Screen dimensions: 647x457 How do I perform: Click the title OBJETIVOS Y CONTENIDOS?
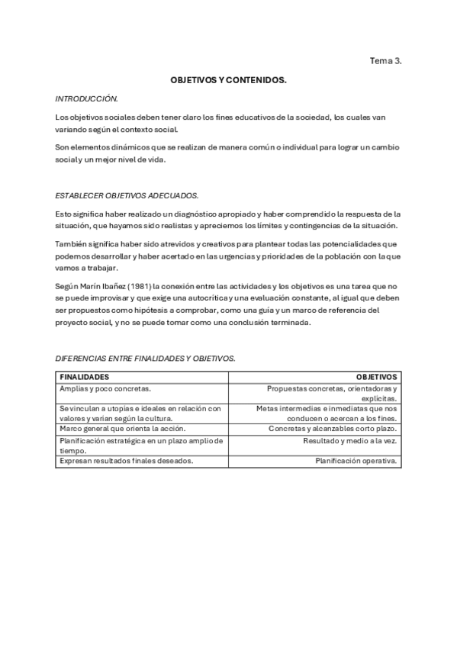coord(228,80)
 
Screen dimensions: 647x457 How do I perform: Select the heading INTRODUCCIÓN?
coord(86,99)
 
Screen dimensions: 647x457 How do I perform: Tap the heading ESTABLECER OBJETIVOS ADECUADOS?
coord(127,195)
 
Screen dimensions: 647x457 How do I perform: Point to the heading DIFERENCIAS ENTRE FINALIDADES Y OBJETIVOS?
coord(145,358)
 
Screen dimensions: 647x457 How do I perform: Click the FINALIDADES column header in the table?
coord(84,377)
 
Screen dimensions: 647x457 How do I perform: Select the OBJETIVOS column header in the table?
coord(376,377)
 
